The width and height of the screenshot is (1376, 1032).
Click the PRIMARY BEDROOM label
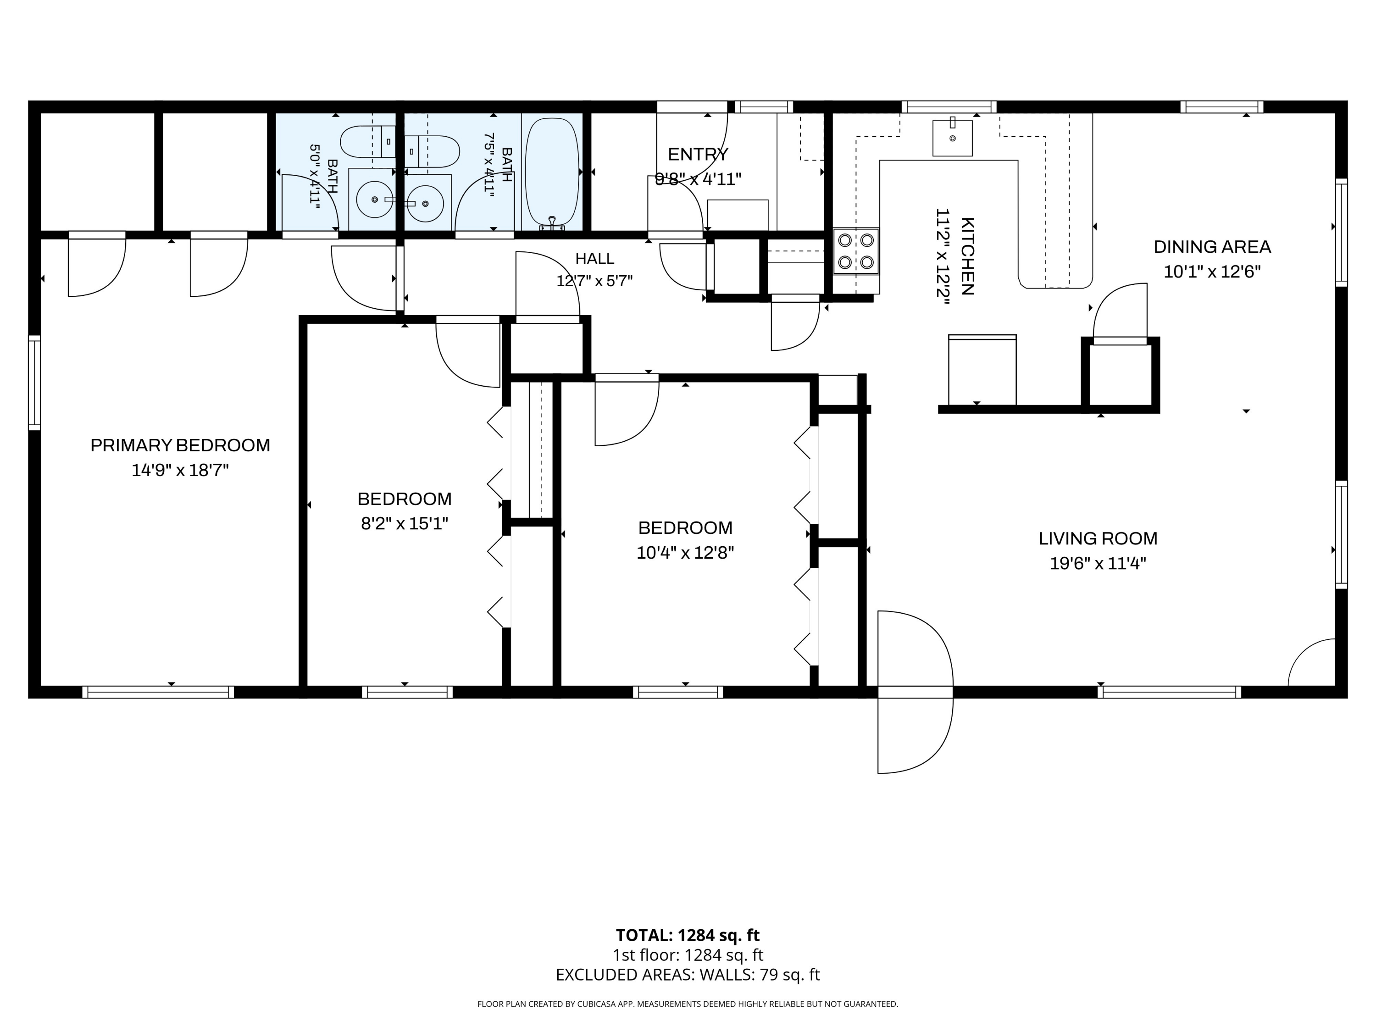point(180,445)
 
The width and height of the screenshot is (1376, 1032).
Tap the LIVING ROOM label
point(1098,539)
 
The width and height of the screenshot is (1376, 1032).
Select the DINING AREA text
point(1212,247)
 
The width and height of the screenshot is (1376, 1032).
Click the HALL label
point(595,259)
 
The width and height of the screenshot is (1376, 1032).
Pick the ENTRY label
point(698,154)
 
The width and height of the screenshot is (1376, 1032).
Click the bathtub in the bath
point(552,172)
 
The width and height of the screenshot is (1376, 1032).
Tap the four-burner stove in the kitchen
point(856,251)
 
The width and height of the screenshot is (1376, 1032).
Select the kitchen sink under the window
point(952,138)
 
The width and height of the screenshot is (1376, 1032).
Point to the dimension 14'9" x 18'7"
point(180,470)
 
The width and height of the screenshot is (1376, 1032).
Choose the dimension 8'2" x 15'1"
point(405,524)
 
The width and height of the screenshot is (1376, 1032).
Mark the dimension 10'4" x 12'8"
point(685,553)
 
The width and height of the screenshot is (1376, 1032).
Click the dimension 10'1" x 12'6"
point(1212,272)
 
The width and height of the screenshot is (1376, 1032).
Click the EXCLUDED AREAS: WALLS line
point(688,975)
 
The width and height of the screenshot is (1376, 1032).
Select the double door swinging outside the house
point(915,692)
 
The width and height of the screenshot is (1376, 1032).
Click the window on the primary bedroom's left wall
point(35,383)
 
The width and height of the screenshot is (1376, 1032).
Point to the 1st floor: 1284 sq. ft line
point(688,955)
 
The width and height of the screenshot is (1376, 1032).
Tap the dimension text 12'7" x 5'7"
point(595,281)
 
